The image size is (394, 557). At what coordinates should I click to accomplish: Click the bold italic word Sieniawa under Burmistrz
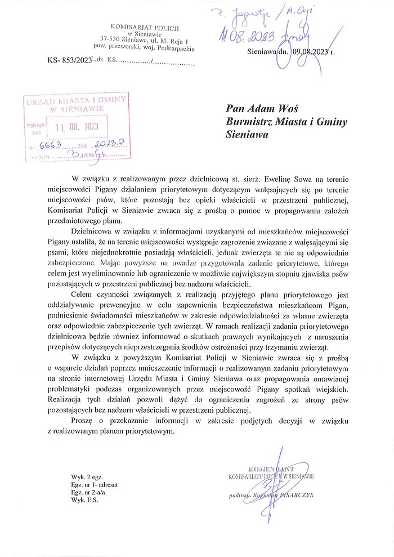pyautogui.click(x=246, y=135)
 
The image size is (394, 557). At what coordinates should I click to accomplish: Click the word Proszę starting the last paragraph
pyautogui.click(x=83, y=422)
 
